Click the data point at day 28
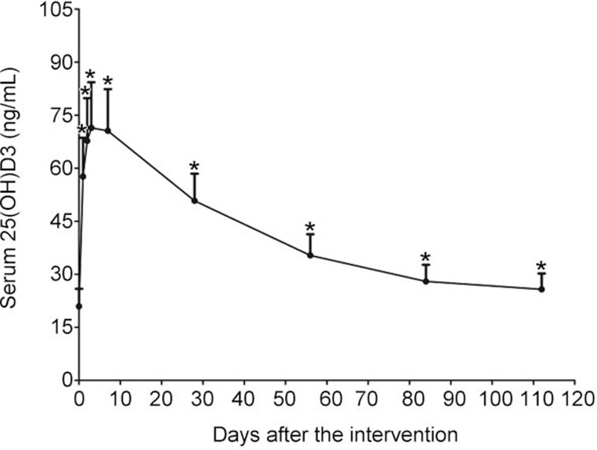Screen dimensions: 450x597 click(195, 201)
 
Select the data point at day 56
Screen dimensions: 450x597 click(310, 255)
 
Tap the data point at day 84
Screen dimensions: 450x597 click(426, 281)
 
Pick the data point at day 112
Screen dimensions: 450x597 click(542, 289)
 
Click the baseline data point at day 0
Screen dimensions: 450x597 click(79, 306)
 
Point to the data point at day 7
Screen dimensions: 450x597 click(108, 131)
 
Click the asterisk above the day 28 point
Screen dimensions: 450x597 click(195, 167)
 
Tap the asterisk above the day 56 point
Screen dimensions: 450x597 click(310, 229)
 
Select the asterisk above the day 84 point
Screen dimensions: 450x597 click(426, 258)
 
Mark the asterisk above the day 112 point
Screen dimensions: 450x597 click(542, 266)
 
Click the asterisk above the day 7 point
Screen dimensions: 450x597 click(108, 82)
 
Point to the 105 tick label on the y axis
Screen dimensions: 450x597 click(55, 10)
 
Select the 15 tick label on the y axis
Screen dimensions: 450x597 click(59, 327)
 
